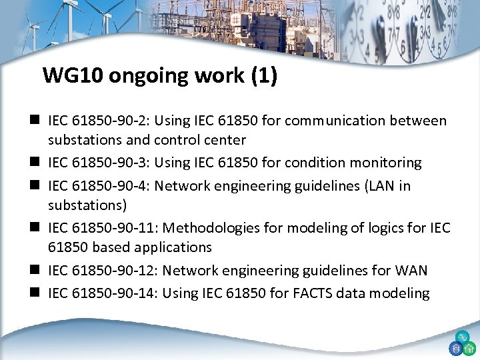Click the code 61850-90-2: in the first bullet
[103, 121]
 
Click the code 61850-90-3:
[103, 163]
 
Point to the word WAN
[412, 271]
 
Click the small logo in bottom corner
[461, 344]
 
